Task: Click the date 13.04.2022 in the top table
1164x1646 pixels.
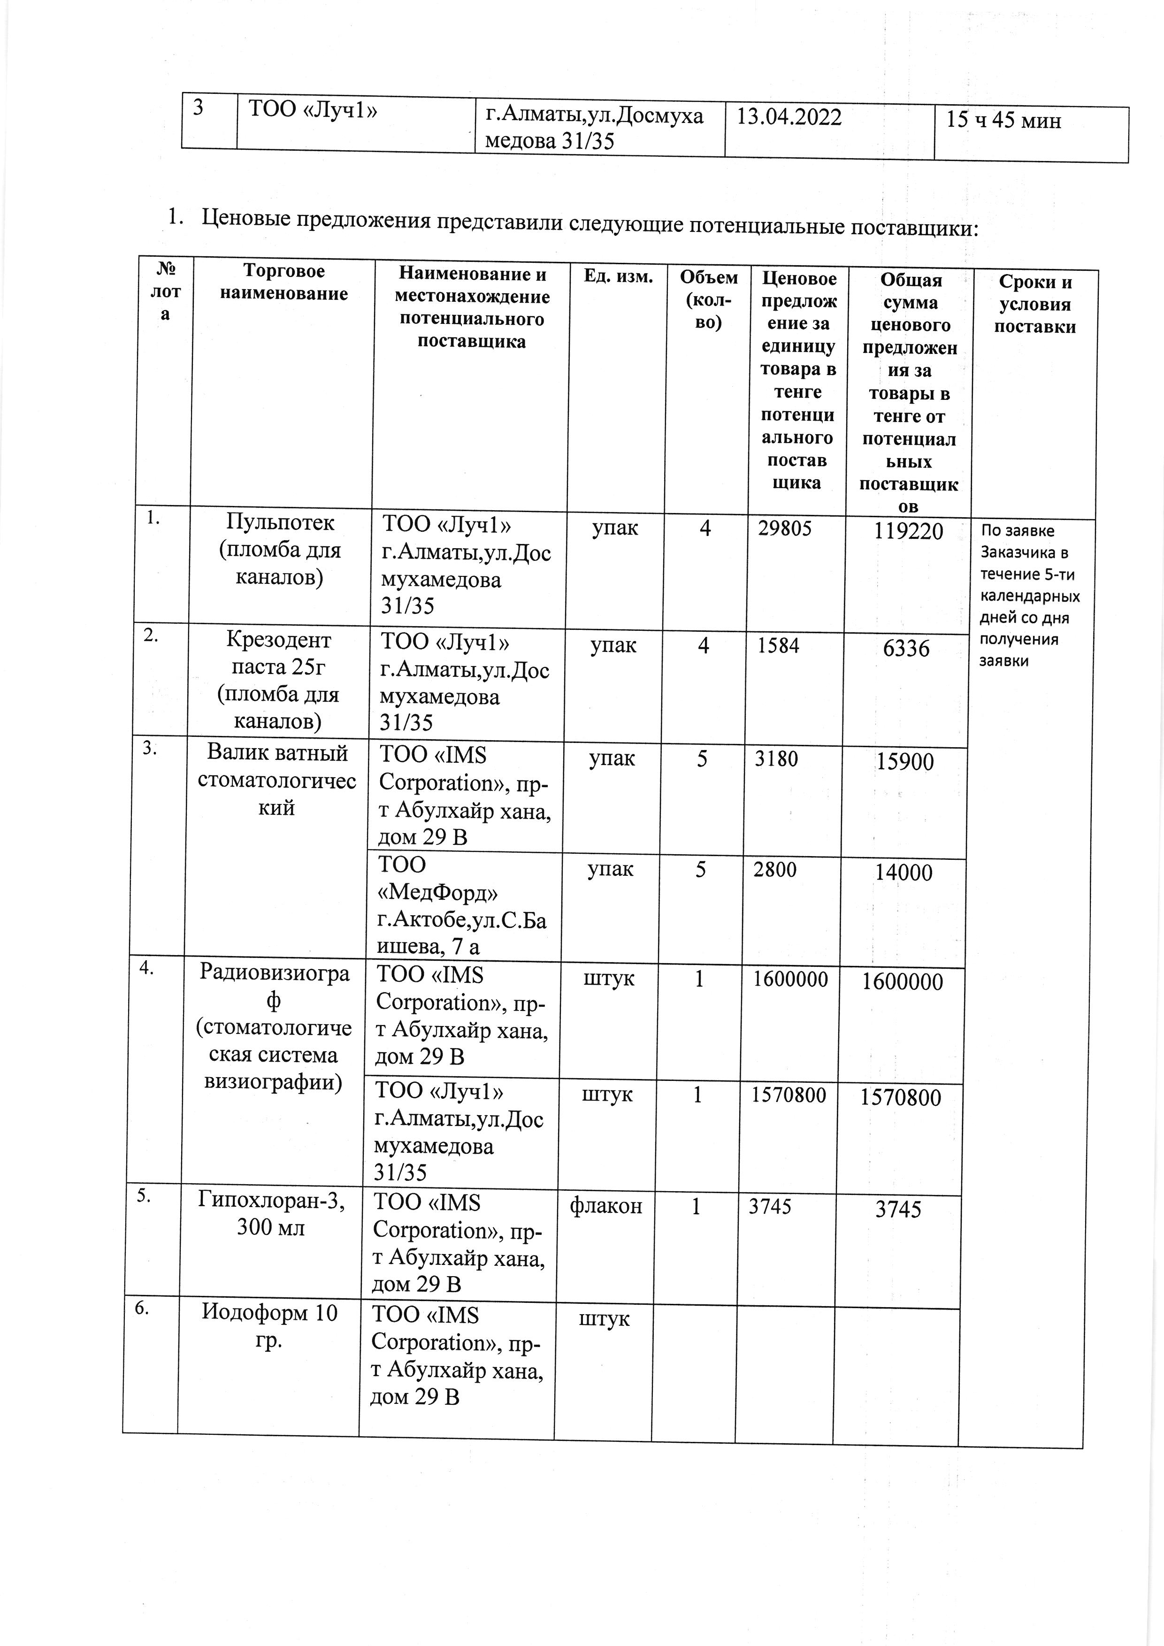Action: coord(789,117)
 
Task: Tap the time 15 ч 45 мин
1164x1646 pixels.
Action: coord(1003,121)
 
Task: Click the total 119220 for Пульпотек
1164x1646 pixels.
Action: coord(908,531)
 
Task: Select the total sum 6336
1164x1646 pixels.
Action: coord(907,649)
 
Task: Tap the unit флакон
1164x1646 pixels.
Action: coord(605,1207)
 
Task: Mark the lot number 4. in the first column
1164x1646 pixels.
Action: coord(146,968)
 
